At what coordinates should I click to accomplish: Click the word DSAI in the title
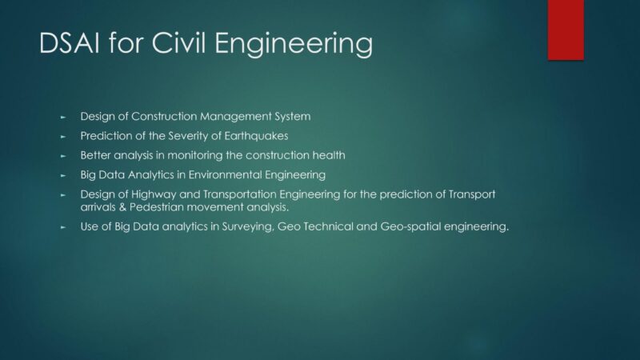pos(70,43)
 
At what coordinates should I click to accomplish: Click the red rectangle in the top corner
pos(566,30)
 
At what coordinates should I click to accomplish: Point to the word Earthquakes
pos(256,136)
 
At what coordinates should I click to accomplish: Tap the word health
pos(329,155)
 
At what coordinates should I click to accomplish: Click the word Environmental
pos(225,174)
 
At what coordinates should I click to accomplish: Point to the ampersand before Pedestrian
pos(123,207)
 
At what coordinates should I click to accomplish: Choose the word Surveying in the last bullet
pos(247,226)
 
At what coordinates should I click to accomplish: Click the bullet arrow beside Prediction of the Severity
pos(63,137)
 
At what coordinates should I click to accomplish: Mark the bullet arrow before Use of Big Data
pos(63,227)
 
